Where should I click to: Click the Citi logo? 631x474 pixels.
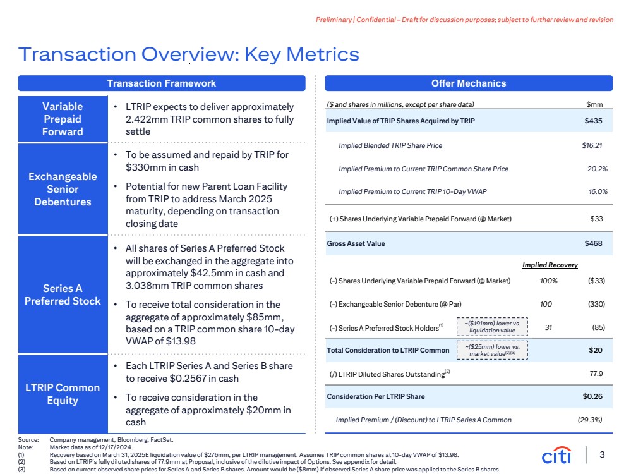(x=556, y=455)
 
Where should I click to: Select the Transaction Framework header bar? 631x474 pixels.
(x=161, y=83)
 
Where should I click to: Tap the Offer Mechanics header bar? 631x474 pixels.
(x=468, y=83)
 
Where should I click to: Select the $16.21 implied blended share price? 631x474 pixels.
(x=592, y=145)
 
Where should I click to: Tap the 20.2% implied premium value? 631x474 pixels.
(x=597, y=169)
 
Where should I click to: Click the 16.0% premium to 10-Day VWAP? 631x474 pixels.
(x=597, y=192)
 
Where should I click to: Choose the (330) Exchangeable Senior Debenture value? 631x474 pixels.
(x=596, y=304)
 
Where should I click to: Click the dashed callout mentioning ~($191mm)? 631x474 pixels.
(x=492, y=327)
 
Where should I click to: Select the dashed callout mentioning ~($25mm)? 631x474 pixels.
(x=492, y=350)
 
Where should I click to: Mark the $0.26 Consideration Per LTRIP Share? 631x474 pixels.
(x=592, y=396)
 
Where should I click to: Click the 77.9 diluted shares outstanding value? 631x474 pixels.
(x=596, y=374)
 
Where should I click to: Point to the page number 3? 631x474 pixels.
(x=602, y=454)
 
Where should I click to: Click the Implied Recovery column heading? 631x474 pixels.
(x=550, y=265)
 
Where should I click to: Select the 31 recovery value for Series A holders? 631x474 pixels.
(x=548, y=327)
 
